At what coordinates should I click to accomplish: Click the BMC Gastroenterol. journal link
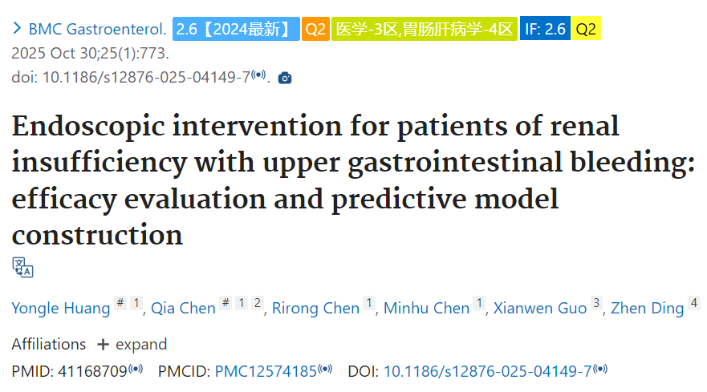[x=97, y=30]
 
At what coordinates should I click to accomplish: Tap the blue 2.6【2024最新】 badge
[x=236, y=29]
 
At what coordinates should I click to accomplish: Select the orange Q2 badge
[x=315, y=29]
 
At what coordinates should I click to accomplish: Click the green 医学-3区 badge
[x=425, y=29]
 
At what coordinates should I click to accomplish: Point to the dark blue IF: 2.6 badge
[x=545, y=28]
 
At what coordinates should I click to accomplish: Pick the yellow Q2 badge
[x=586, y=28]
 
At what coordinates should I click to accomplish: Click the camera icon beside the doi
[x=285, y=78]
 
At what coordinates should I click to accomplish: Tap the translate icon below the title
[x=22, y=267]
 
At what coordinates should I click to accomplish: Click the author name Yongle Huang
[x=61, y=308]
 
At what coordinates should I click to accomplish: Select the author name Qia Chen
[x=183, y=308]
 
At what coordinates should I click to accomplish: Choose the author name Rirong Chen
[x=315, y=308]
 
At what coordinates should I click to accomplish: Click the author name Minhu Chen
[x=427, y=308]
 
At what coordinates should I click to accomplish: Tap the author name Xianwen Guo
[x=540, y=308]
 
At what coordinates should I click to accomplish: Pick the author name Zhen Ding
[x=648, y=308]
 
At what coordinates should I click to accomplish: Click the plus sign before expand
[x=103, y=345]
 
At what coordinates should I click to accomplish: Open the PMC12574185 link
[x=266, y=371]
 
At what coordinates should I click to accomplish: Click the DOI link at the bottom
[x=487, y=371]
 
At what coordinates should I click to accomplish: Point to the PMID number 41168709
[x=92, y=371]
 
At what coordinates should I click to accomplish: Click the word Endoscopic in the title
[x=88, y=127]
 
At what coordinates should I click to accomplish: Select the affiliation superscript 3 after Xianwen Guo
[x=596, y=303]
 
